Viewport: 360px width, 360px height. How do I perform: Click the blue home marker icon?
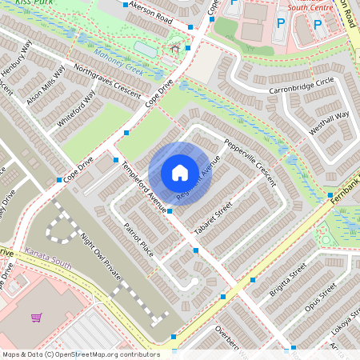pyautogui.click(x=180, y=172)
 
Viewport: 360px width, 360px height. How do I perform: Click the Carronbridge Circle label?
pyautogui.click(x=301, y=82)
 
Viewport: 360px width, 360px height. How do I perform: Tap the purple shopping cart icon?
pyautogui.click(x=36, y=318)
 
